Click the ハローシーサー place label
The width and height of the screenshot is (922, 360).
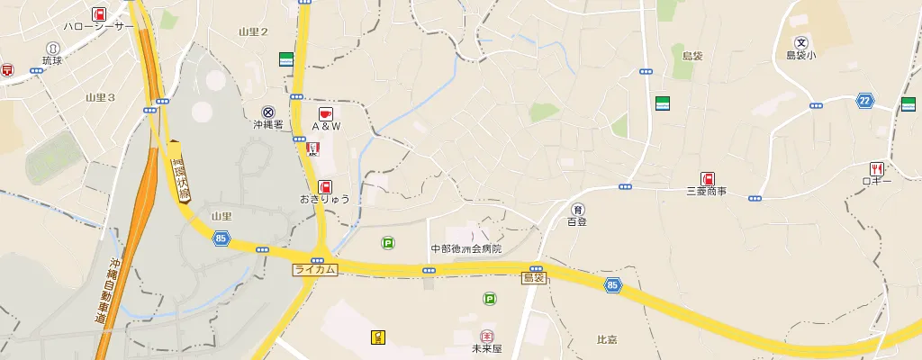click(x=98, y=27)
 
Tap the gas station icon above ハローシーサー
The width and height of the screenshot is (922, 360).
click(x=98, y=13)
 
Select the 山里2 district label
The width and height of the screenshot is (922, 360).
click(x=253, y=32)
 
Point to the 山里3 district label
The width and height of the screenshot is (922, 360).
click(x=100, y=97)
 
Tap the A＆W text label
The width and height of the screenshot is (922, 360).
click(x=326, y=126)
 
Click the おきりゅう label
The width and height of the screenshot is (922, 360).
click(x=325, y=198)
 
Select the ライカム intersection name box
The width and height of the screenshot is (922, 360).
click(x=315, y=270)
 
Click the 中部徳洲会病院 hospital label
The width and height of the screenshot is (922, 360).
click(x=466, y=248)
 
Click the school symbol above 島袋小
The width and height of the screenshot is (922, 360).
click(x=801, y=42)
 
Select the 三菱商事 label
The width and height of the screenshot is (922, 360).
click(x=707, y=192)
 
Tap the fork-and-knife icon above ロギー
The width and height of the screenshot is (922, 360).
click(x=875, y=168)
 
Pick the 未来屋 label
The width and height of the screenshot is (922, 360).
click(x=487, y=347)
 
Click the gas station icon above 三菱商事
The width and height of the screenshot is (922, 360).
click(x=708, y=178)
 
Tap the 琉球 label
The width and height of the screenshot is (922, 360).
click(x=54, y=61)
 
